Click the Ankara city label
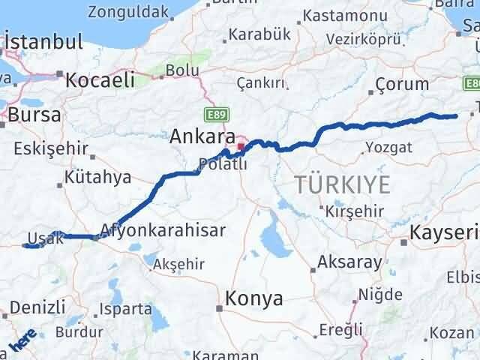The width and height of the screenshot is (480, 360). pyautogui.click(x=197, y=136)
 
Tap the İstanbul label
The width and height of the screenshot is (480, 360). pyautogui.click(x=43, y=43)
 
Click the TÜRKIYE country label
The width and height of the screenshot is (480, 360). pyautogui.click(x=342, y=184)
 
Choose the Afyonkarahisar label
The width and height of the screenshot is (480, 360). pyautogui.click(x=162, y=230)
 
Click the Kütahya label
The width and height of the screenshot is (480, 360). pyautogui.click(x=97, y=178)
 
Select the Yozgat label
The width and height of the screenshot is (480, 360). pyautogui.click(x=389, y=147)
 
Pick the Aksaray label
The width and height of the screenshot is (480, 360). pyautogui.click(x=349, y=262)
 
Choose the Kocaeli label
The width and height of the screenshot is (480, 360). pyautogui.click(x=99, y=79)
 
